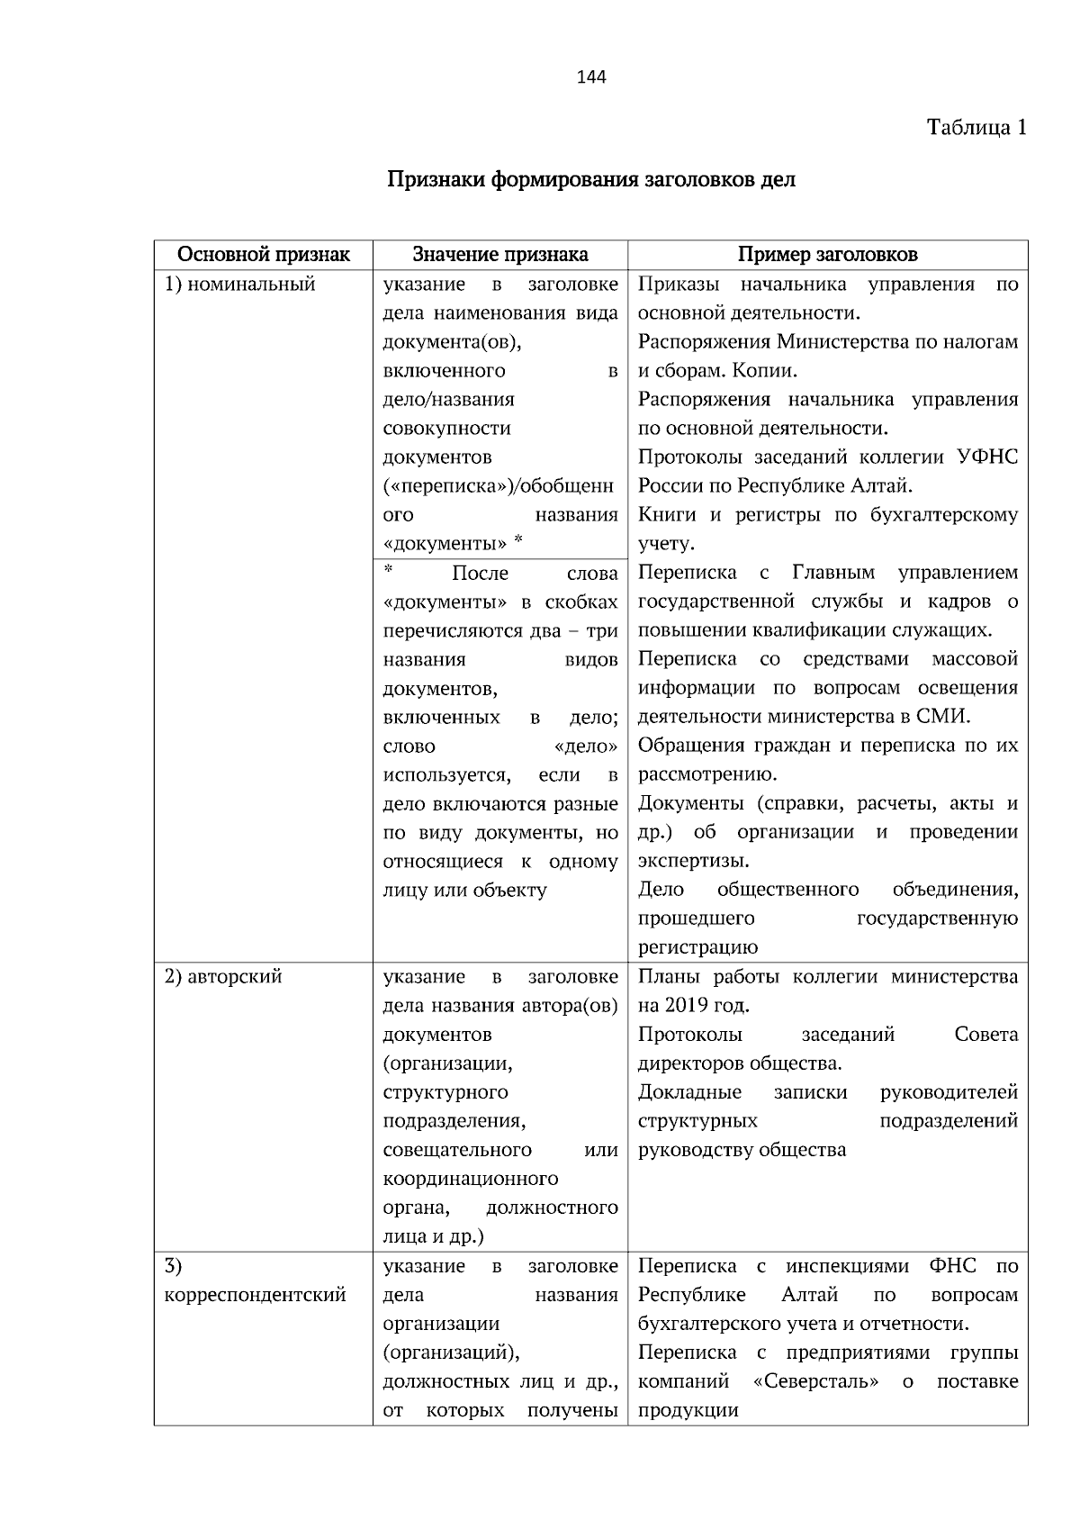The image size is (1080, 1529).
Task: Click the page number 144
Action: [591, 77]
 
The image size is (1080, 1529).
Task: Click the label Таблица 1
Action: [976, 128]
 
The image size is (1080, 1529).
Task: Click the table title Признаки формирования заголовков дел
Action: [591, 179]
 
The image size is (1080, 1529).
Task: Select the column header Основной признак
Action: [263, 254]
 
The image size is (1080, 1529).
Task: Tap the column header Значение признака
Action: [500, 254]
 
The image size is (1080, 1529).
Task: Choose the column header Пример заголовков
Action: [827, 254]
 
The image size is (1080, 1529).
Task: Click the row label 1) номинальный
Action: [239, 285]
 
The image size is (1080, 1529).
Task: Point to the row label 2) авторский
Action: [223, 977]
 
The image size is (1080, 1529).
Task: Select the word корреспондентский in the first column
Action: [255, 1295]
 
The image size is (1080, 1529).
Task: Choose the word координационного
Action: [471, 1179]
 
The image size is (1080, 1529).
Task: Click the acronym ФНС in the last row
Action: [952, 1266]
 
